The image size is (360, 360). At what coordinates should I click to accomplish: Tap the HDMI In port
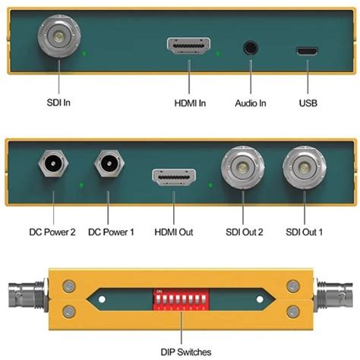pos(188,48)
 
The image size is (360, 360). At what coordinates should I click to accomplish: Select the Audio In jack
pos(250,48)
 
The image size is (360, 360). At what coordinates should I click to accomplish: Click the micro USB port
pos(308,50)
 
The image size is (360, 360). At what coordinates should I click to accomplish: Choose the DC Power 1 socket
pos(109,164)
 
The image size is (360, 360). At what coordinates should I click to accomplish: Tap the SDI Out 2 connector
pos(243,168)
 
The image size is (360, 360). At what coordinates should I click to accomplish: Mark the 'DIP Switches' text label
pos(180,350)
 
